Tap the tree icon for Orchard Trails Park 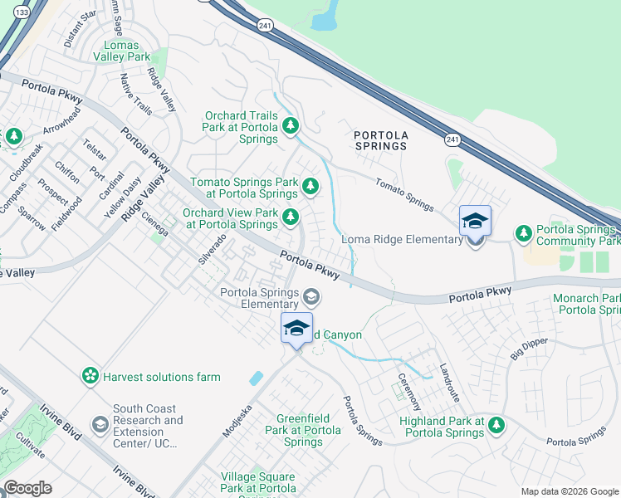[290, 126]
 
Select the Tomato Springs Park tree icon [310, 185]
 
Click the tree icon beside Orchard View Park [290, 217]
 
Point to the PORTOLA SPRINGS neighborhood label [380, 139]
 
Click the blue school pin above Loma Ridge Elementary [475, 222]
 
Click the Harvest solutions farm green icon [90, 377]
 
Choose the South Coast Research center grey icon [100, 426]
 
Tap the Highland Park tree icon [496, 426]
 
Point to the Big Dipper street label [530, 343]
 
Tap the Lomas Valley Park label [127, 51]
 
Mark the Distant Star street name [80, 26]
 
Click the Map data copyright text [568, 491]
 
